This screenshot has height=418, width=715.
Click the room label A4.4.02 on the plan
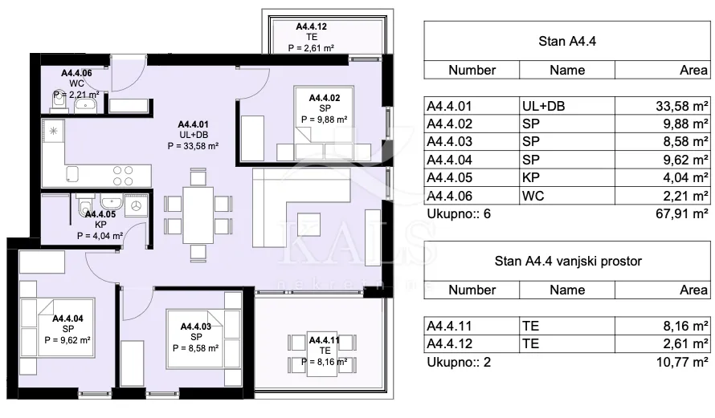tap(325, 98)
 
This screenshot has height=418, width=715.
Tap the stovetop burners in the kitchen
tap(123, 176)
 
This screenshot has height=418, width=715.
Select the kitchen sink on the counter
tap(72, 173)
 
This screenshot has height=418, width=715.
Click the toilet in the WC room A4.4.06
tap(59, 103)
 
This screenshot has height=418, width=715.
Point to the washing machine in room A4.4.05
tap(136, 206)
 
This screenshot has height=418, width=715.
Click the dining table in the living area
tap(198, 215)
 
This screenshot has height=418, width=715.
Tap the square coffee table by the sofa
tap(308, 225)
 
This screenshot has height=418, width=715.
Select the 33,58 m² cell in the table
tap(682, 106)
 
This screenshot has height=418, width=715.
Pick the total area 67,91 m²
tap(682, 213)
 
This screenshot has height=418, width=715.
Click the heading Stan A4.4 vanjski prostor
tap(568, 261)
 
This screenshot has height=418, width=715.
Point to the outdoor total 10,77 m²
tap(682, 363)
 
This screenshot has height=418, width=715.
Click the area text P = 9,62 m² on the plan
tap(67, 339)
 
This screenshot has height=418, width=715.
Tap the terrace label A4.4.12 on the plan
tap(312, 26)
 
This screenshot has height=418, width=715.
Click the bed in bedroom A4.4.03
tap(194, 339)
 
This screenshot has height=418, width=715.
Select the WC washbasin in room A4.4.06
tap(85, 106)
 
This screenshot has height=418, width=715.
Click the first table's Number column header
tap(472, 70)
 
